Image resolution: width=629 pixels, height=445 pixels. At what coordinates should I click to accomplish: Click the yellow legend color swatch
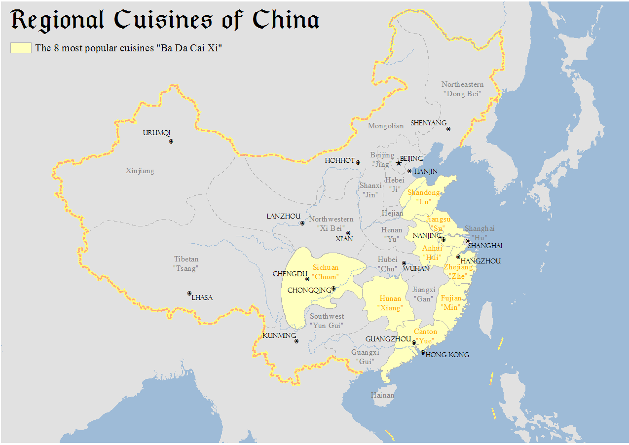(21, 48)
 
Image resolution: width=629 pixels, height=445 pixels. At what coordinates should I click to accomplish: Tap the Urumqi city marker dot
(171, 141)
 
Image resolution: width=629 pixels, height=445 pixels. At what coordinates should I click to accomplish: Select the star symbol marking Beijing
(399, 163)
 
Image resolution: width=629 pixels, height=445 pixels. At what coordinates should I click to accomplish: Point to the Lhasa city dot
(189, 293)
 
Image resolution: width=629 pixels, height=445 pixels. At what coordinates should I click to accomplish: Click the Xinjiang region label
(140, 171)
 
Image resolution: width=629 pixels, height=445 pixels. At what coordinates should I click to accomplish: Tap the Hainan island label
(382, 395)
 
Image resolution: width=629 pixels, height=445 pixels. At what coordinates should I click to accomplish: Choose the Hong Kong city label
(447, 355)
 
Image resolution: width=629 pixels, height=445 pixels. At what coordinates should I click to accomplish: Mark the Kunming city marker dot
(296, 341)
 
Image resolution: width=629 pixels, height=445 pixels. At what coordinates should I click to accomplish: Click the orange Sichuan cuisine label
(326, 272)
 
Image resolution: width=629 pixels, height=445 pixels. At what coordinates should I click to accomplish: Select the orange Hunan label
(390, 303)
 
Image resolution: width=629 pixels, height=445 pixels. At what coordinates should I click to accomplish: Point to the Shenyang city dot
(448, 129)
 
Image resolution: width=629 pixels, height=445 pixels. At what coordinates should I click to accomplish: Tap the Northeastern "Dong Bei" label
(462, 89)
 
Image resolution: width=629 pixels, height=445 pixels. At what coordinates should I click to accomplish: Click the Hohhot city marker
(358, 162)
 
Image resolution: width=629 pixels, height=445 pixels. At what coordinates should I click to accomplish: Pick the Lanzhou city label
(284, 217)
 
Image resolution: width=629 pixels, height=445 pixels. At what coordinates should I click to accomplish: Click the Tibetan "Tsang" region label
(186, 263)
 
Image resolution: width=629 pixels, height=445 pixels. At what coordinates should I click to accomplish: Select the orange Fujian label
(451, 302)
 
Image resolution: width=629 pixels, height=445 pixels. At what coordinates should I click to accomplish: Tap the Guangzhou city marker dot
(414, 342)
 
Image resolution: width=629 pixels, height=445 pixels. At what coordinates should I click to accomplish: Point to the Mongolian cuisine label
(386, 126)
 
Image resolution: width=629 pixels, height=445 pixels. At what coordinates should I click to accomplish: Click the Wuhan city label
(416, 269)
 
